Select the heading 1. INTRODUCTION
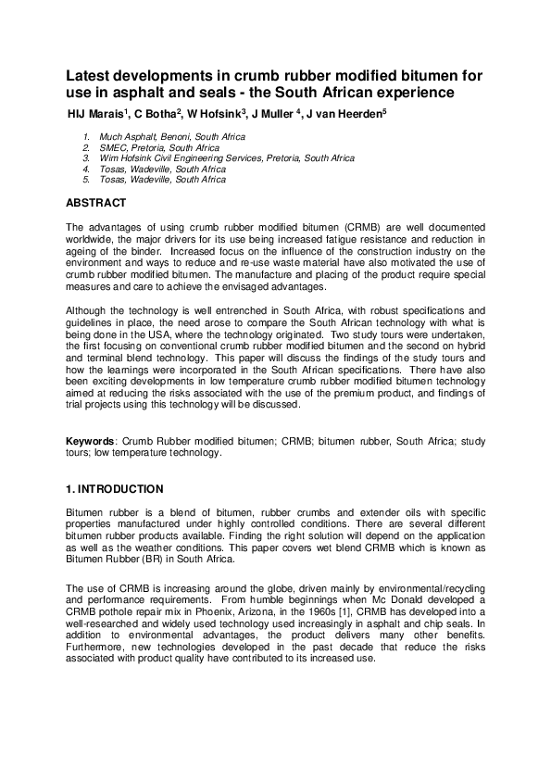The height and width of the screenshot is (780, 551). click(114, 489)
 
